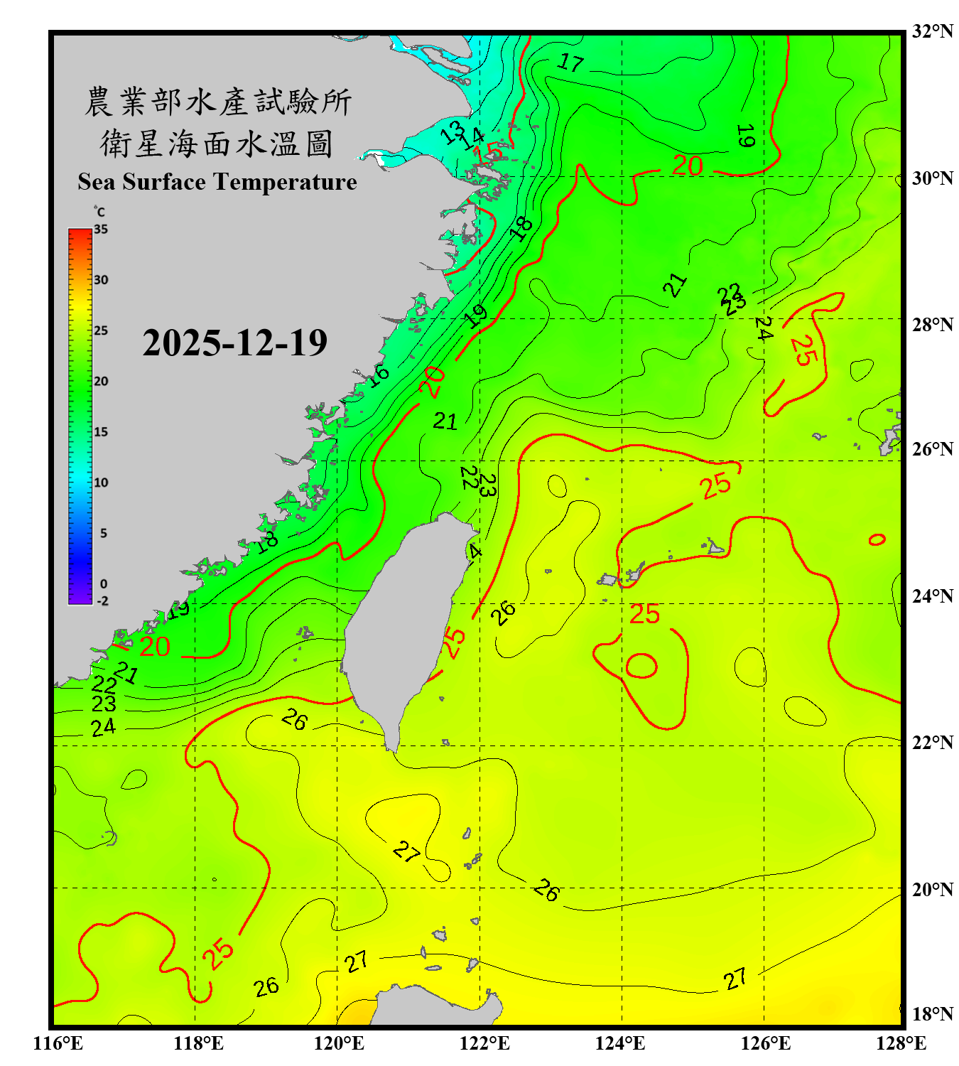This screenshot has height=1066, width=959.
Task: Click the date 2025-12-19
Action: (x=234, y=343)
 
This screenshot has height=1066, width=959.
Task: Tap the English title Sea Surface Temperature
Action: (x=217, y=182)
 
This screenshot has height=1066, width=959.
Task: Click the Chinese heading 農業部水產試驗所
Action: (x=217, y=102)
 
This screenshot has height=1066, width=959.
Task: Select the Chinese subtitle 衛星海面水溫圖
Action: (x=217, y=144)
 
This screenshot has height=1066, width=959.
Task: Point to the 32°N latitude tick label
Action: (x=932, y=31)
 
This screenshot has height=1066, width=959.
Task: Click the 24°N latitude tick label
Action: (x=932, y=596)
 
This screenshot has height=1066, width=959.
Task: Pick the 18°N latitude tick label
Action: (x=932, y=1014)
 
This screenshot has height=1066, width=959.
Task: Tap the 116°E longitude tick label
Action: (x=58, y=1043)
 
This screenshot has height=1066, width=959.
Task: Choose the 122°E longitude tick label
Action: (x=484, y=1043)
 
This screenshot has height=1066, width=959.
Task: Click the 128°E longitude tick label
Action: (x=901, y=1043)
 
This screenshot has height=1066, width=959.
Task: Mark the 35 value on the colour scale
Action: (x=101, y=230)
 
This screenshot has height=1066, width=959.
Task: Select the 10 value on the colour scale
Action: (x=101, y=483)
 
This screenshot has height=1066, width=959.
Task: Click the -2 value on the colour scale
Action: (x=102, y=601)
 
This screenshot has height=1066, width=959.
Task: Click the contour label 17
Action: (x=570, y=63)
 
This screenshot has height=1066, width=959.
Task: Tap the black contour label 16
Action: (x=378, y=375)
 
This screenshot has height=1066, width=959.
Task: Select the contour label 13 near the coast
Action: (x=452, y=132)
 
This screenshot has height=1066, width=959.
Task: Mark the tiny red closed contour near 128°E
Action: (x=877, y=539)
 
